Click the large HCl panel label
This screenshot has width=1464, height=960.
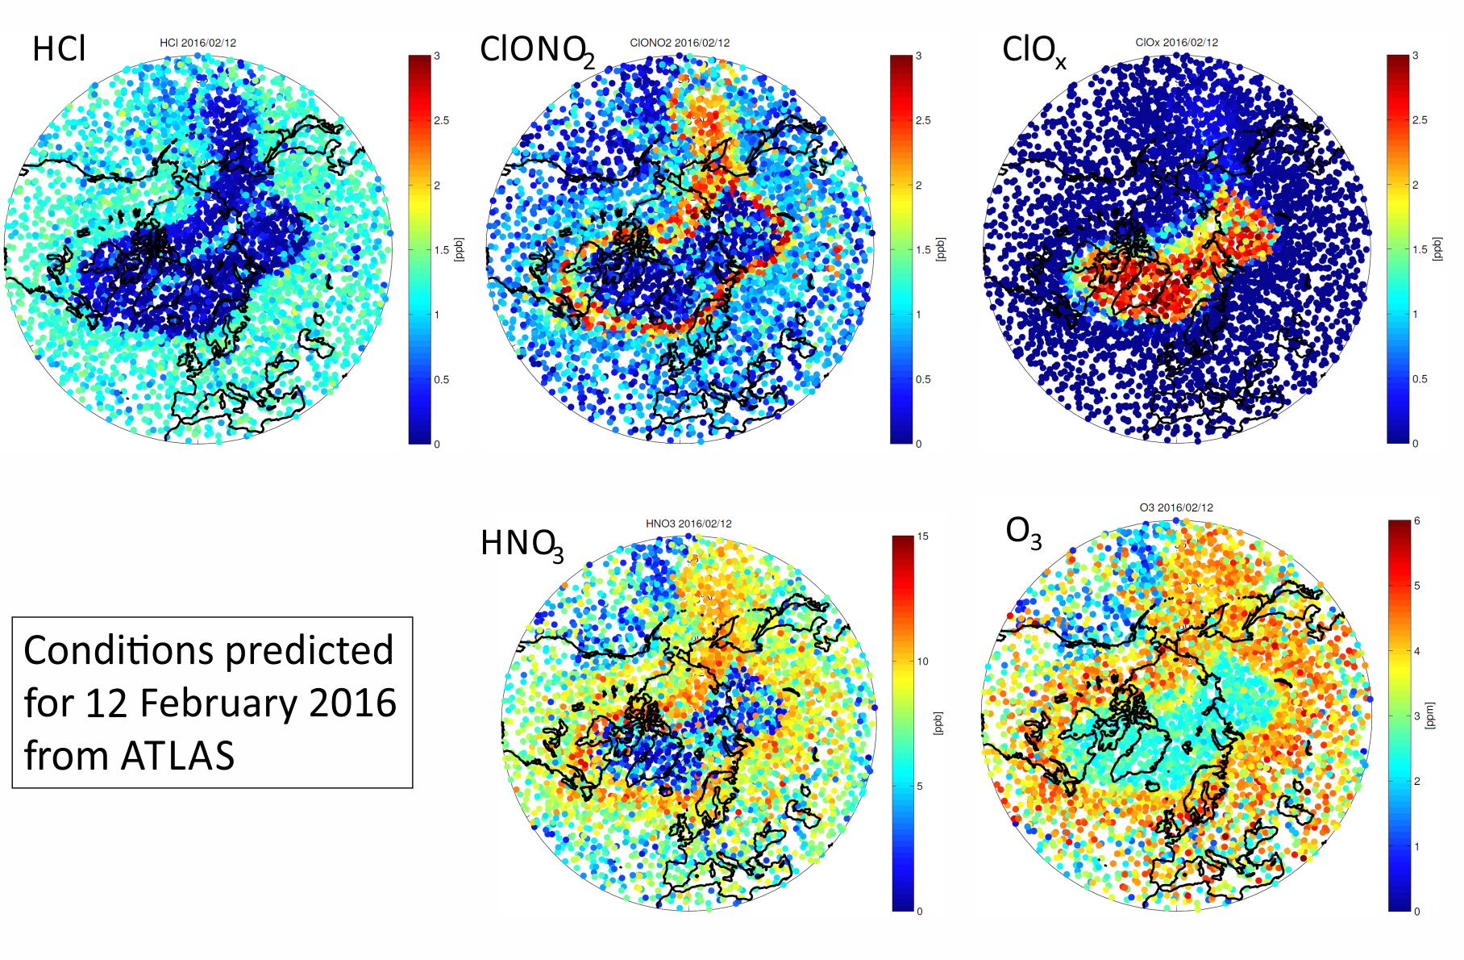tap(59, 49)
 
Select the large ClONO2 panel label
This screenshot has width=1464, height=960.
tap(537, 51)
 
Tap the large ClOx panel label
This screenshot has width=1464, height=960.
tap(1034, 51)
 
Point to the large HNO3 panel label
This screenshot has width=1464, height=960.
tap(522, 545)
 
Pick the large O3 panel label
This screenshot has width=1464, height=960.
tap(1024, 533)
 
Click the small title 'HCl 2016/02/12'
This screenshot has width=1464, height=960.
tap(198, 43)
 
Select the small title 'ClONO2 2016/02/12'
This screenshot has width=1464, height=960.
tap(680, 43)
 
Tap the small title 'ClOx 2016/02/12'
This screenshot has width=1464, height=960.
tap(1176, 42)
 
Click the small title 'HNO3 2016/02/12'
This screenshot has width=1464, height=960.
tap(688, 524)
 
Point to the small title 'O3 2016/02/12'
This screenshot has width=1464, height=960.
tap(1176, 507)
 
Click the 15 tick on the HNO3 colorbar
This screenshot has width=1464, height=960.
tap(923, 536)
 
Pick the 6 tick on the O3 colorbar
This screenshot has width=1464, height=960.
tap(1417, 520)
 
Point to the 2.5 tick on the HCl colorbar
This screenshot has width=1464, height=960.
tap(442, 121)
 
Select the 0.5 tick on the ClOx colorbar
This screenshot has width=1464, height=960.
tap(1420, 379)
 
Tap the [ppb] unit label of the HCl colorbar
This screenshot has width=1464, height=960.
tap(459, 249)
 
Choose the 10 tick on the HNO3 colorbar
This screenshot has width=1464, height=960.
tap(923, 662)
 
